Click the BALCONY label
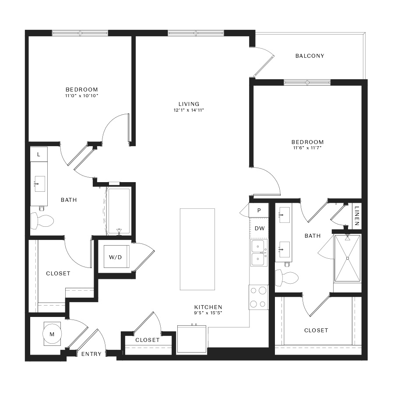310,56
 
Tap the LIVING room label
189,104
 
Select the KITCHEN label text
208,307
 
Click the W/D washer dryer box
116,257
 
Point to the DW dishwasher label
260,229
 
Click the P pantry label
259,210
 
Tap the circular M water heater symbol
52,334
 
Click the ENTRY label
91,354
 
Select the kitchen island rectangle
197,249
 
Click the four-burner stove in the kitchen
259,297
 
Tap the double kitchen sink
258,253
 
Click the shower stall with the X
348,258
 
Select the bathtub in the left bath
119,211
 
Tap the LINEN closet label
357,215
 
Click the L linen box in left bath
39,154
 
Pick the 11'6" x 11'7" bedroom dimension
307,148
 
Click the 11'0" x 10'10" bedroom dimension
82,95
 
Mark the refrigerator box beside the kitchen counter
192,339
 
